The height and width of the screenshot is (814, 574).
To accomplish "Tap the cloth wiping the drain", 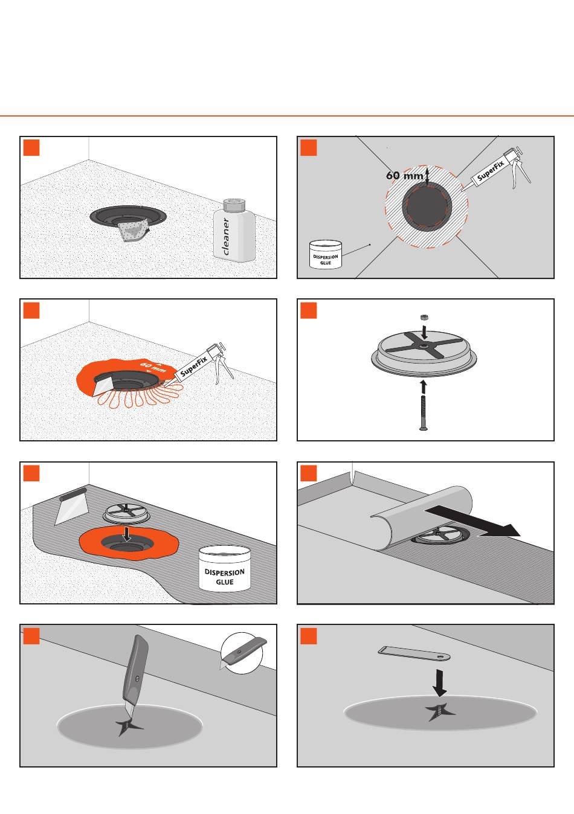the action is click(x=134, y=230).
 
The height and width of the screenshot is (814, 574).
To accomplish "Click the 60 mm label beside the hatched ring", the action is click(x=405, y=175).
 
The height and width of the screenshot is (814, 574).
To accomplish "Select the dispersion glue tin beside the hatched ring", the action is click(x=326, y=255).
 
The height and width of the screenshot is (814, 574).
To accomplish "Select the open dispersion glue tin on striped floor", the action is click(x=224, y=569).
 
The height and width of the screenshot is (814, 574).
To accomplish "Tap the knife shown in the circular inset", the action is click(x=243, y=654).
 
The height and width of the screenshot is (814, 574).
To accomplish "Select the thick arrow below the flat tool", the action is click(x=440, y=683).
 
